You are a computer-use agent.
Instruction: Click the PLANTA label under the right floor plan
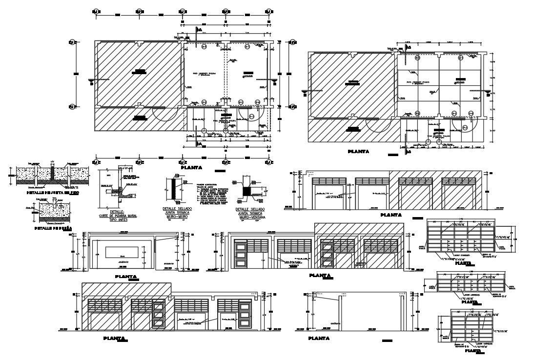click(x=358, y=152)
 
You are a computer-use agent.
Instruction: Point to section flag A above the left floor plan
click(x=198, y=30)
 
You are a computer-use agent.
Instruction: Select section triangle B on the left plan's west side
click(x=90, y=80)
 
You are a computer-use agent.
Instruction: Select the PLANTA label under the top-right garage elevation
click(x=390, y=215)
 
